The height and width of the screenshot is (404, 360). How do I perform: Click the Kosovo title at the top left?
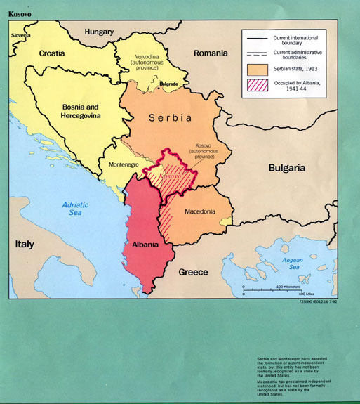20,13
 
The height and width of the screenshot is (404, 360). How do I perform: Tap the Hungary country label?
99,32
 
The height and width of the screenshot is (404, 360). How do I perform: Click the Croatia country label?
52,53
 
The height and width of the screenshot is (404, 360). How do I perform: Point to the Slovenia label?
21,34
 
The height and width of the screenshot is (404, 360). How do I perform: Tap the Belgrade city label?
169,84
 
